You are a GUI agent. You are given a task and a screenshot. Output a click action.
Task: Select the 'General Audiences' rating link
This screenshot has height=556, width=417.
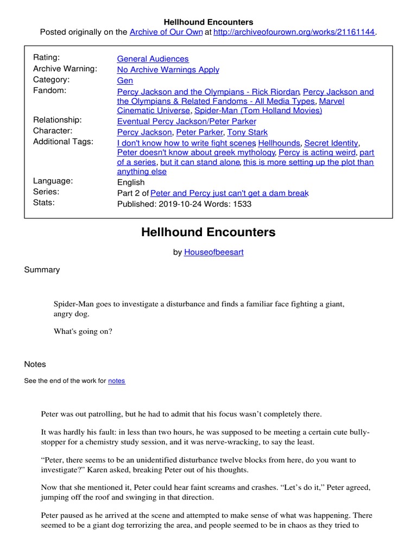(x=153, y=59)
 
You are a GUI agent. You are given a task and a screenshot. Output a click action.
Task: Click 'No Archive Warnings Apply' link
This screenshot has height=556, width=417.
(x=168, y=69)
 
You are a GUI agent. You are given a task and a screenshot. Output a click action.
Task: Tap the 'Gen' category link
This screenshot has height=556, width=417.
(x=125, y=80)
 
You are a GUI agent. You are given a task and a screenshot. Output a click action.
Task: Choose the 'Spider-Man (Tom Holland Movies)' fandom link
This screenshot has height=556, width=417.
(x=258, y=110)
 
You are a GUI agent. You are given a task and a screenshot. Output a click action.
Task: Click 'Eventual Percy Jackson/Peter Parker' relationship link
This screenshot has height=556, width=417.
(x=186, y=121)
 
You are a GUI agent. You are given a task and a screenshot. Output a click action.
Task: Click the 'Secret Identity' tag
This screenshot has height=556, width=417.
(x=331, y=143)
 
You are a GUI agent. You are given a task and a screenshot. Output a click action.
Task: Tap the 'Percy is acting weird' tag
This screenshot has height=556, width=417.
(x=317, y=153)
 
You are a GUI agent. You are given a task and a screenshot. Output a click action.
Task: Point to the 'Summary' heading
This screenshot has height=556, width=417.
(x=42, y=270)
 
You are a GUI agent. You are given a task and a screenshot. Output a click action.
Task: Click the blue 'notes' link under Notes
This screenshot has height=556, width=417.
(x=116, y=381)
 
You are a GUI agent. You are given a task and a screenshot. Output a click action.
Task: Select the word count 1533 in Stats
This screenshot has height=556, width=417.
(x=242, y=204)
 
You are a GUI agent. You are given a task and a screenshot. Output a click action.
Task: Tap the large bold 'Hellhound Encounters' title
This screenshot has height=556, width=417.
(x=208, y=232)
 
